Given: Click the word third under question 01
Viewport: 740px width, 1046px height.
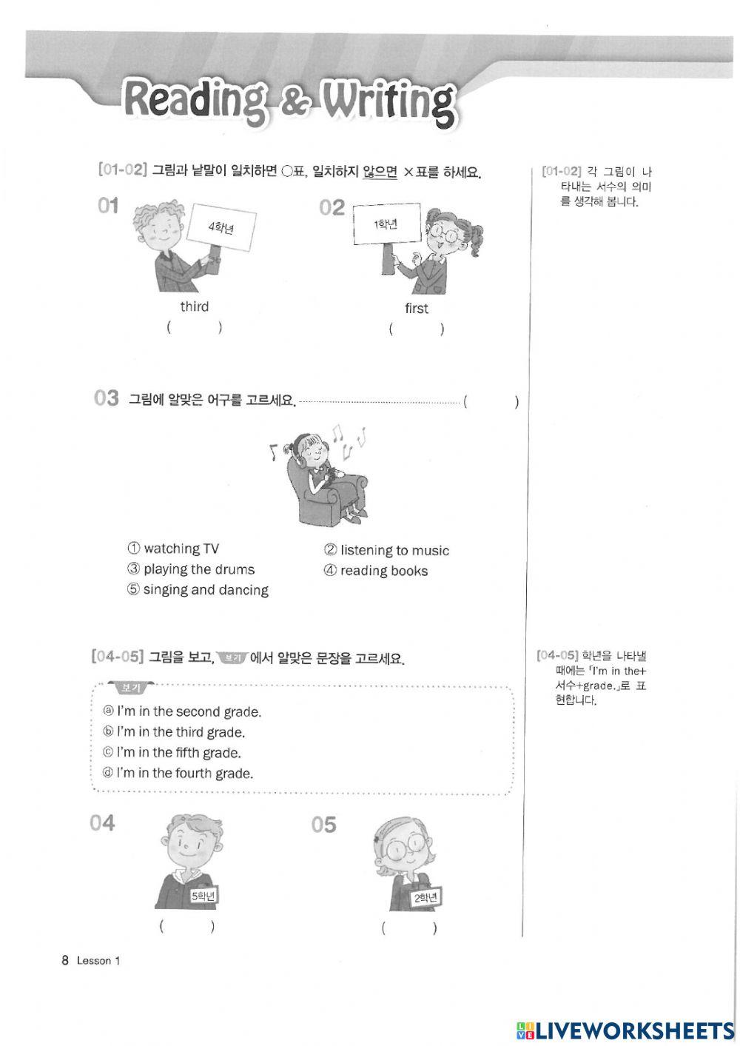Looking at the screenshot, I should (x=195, y=306).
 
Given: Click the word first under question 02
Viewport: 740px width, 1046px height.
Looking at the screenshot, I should (x=417, y=308).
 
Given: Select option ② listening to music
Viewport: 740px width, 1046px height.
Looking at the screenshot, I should (x=386, y=550).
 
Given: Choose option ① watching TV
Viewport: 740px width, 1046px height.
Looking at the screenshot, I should (x=173, y=549).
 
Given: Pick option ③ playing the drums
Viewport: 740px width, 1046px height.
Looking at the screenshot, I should (x=191, y=569).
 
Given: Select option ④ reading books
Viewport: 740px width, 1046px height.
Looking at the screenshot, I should (x=376, y=571).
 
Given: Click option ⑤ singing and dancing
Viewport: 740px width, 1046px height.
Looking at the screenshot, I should (x=198, y=590).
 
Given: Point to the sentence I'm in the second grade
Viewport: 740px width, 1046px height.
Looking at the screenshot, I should (x=182, y=711).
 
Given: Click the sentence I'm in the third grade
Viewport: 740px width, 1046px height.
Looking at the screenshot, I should (x=174, y=732).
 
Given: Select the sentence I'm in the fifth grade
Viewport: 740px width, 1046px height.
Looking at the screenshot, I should (x=172, y=753).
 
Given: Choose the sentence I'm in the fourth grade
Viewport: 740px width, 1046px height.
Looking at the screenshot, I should (x=178, y=774).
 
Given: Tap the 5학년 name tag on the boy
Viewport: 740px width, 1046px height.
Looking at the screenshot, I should (x=203, y=896).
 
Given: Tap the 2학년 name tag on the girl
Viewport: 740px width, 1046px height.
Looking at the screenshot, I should (x=426, y=898).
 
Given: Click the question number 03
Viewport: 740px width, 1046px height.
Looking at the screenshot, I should (x=107, y=399).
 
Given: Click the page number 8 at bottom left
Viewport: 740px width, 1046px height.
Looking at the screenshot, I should (x=65, y=961).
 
